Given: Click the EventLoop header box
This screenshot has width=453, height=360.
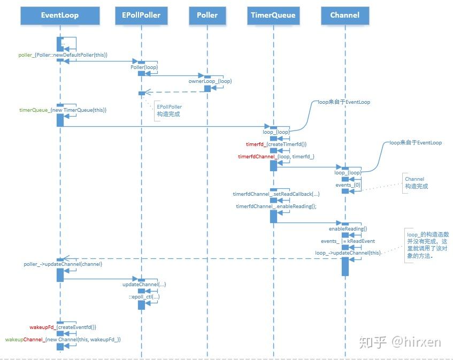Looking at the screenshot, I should click(60, 15).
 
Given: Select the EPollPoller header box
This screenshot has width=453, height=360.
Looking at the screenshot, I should click(141, 15).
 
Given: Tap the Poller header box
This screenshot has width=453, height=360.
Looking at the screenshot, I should click(207, 15).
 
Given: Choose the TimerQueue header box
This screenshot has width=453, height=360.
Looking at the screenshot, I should click(273, 15).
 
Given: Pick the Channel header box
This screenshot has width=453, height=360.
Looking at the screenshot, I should click(345, 15).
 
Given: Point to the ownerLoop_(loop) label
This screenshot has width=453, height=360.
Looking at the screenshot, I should click(210, 81).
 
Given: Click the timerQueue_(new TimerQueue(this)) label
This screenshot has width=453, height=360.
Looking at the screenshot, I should click(63, 110).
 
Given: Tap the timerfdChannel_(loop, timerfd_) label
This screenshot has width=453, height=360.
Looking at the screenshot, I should click(276, 157).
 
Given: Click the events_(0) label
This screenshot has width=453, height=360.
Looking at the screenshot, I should click(348, 185).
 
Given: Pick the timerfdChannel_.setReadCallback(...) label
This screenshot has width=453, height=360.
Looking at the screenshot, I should click(276, 194).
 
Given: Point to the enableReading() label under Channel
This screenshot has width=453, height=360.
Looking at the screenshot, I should click(348, 229).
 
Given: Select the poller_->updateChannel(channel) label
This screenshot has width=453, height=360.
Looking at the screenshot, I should click(63, 264).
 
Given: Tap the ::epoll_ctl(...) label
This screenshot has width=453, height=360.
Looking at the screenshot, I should click(143, 296).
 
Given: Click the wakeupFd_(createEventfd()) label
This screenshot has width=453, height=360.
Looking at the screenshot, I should click(63, 327).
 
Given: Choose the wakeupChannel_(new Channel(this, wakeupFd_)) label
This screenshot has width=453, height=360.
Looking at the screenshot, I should click(63, 340).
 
